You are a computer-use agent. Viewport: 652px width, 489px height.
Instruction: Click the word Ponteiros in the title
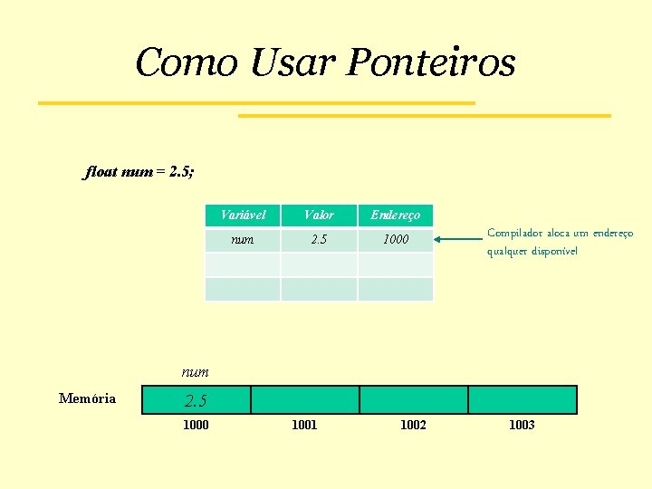(431, 63)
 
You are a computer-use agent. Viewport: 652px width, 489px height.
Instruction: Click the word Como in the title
(187, 63)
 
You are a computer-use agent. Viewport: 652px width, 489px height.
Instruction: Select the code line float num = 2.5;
(140, 171)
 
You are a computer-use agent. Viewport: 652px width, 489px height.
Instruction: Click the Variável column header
(243, 215)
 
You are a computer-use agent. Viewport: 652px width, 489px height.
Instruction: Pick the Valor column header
(319, 215)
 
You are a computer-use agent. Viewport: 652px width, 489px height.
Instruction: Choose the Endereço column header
(396, 215)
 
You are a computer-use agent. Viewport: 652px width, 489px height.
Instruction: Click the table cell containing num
(243, 240)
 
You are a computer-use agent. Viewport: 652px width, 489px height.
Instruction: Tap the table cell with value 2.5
(319, 240)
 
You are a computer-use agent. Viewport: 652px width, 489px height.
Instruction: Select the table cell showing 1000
(396, 240)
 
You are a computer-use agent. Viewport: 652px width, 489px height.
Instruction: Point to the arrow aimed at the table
(458, 240)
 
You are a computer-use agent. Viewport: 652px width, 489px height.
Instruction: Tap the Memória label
(87, 398)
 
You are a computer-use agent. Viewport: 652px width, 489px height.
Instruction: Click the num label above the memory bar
(195, 371)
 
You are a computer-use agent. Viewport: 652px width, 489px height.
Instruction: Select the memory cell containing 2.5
(196, 399)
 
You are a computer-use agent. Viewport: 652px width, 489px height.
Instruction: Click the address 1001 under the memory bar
(304, 425)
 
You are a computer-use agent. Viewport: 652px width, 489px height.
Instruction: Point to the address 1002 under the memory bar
(413, 425)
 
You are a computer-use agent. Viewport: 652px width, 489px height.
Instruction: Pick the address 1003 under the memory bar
(522, 425)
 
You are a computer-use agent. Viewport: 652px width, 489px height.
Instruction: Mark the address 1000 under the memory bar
(196, 425)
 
